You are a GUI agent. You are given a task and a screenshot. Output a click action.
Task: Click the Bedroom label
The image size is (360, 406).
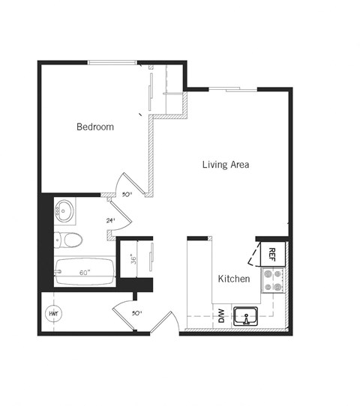coord(95,127)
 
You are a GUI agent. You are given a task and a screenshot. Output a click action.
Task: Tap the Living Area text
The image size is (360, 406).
coord(225,165)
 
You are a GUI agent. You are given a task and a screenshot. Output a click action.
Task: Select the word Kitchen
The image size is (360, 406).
coord(233,279)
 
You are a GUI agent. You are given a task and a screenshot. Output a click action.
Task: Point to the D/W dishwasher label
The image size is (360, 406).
coord(221,316)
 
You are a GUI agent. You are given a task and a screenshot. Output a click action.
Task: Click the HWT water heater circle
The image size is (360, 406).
coord(54,313)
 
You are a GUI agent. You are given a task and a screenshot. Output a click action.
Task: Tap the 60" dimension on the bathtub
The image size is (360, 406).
coord(85,273)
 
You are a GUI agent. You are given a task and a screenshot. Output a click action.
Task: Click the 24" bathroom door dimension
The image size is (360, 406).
coord(111,221)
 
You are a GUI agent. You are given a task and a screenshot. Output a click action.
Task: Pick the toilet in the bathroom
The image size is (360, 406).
coord(68,240)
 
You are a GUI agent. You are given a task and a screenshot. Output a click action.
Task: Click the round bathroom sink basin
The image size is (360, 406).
coord(64,210)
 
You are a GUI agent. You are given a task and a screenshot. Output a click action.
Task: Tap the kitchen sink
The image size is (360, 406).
coord(245,316)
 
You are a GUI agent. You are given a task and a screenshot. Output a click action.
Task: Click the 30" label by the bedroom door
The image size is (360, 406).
coord(127,194)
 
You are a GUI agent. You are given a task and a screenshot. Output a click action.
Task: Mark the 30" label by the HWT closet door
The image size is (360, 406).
coord(136,314)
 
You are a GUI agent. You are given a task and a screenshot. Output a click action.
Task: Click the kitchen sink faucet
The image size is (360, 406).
coord(245,309)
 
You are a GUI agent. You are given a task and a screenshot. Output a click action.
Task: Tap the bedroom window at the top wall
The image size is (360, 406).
coord(112,62)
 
